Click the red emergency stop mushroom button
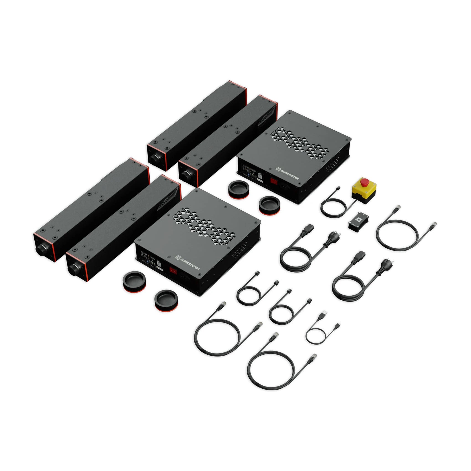[x=364, y=182]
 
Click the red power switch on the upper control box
[x=274, y=181]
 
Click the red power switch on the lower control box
[x=173, y=270]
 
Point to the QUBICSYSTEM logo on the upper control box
[x=287, y=173]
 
